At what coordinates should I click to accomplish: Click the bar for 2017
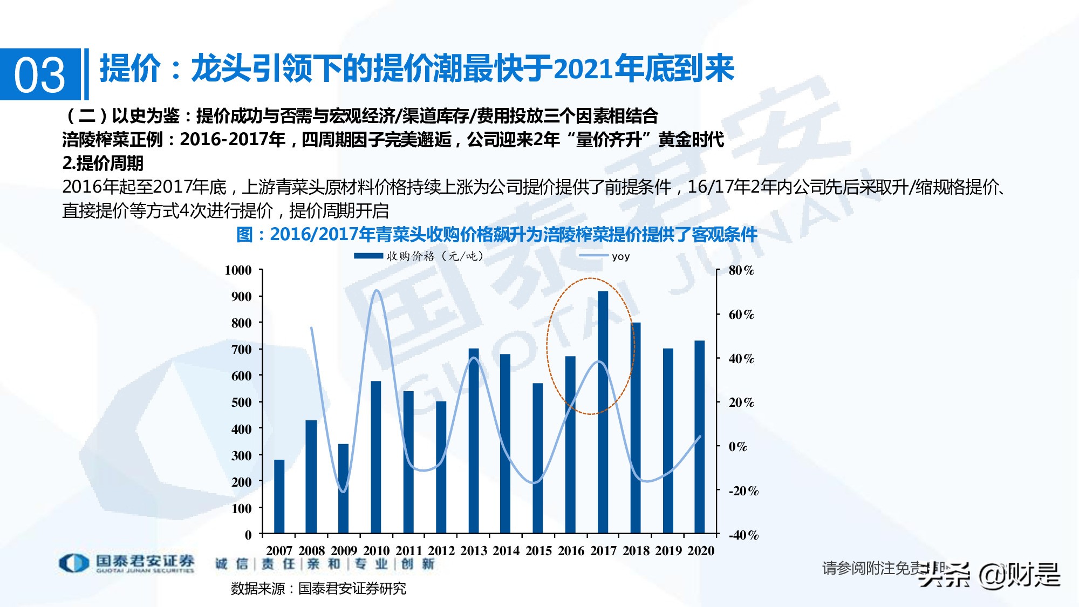(x=603, y=412)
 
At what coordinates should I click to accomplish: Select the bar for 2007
(x=279, y=496)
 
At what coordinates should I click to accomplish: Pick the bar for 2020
(x=699, y=437)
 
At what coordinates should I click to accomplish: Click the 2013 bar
(x=474, y=441)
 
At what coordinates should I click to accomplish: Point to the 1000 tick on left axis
(x=238, y=270)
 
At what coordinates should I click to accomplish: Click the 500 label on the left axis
(x=241, y=403)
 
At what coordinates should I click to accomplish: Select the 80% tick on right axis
(x=741, y=270)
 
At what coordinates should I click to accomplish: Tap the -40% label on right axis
(x=743, y=535)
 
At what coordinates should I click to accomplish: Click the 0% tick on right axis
(x=737, y=447)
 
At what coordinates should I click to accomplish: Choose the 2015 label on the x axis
(x=538, y=551)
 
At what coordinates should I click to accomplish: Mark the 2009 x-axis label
(x=344, y=551)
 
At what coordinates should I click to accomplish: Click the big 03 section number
(x=39, y=74)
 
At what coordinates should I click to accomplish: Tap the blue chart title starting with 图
(x=496, y=234)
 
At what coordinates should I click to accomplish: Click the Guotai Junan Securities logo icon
(x=73, y=563)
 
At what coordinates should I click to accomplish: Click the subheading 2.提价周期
(x=103, y=163)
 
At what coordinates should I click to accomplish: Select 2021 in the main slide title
(x=583, y=69)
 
